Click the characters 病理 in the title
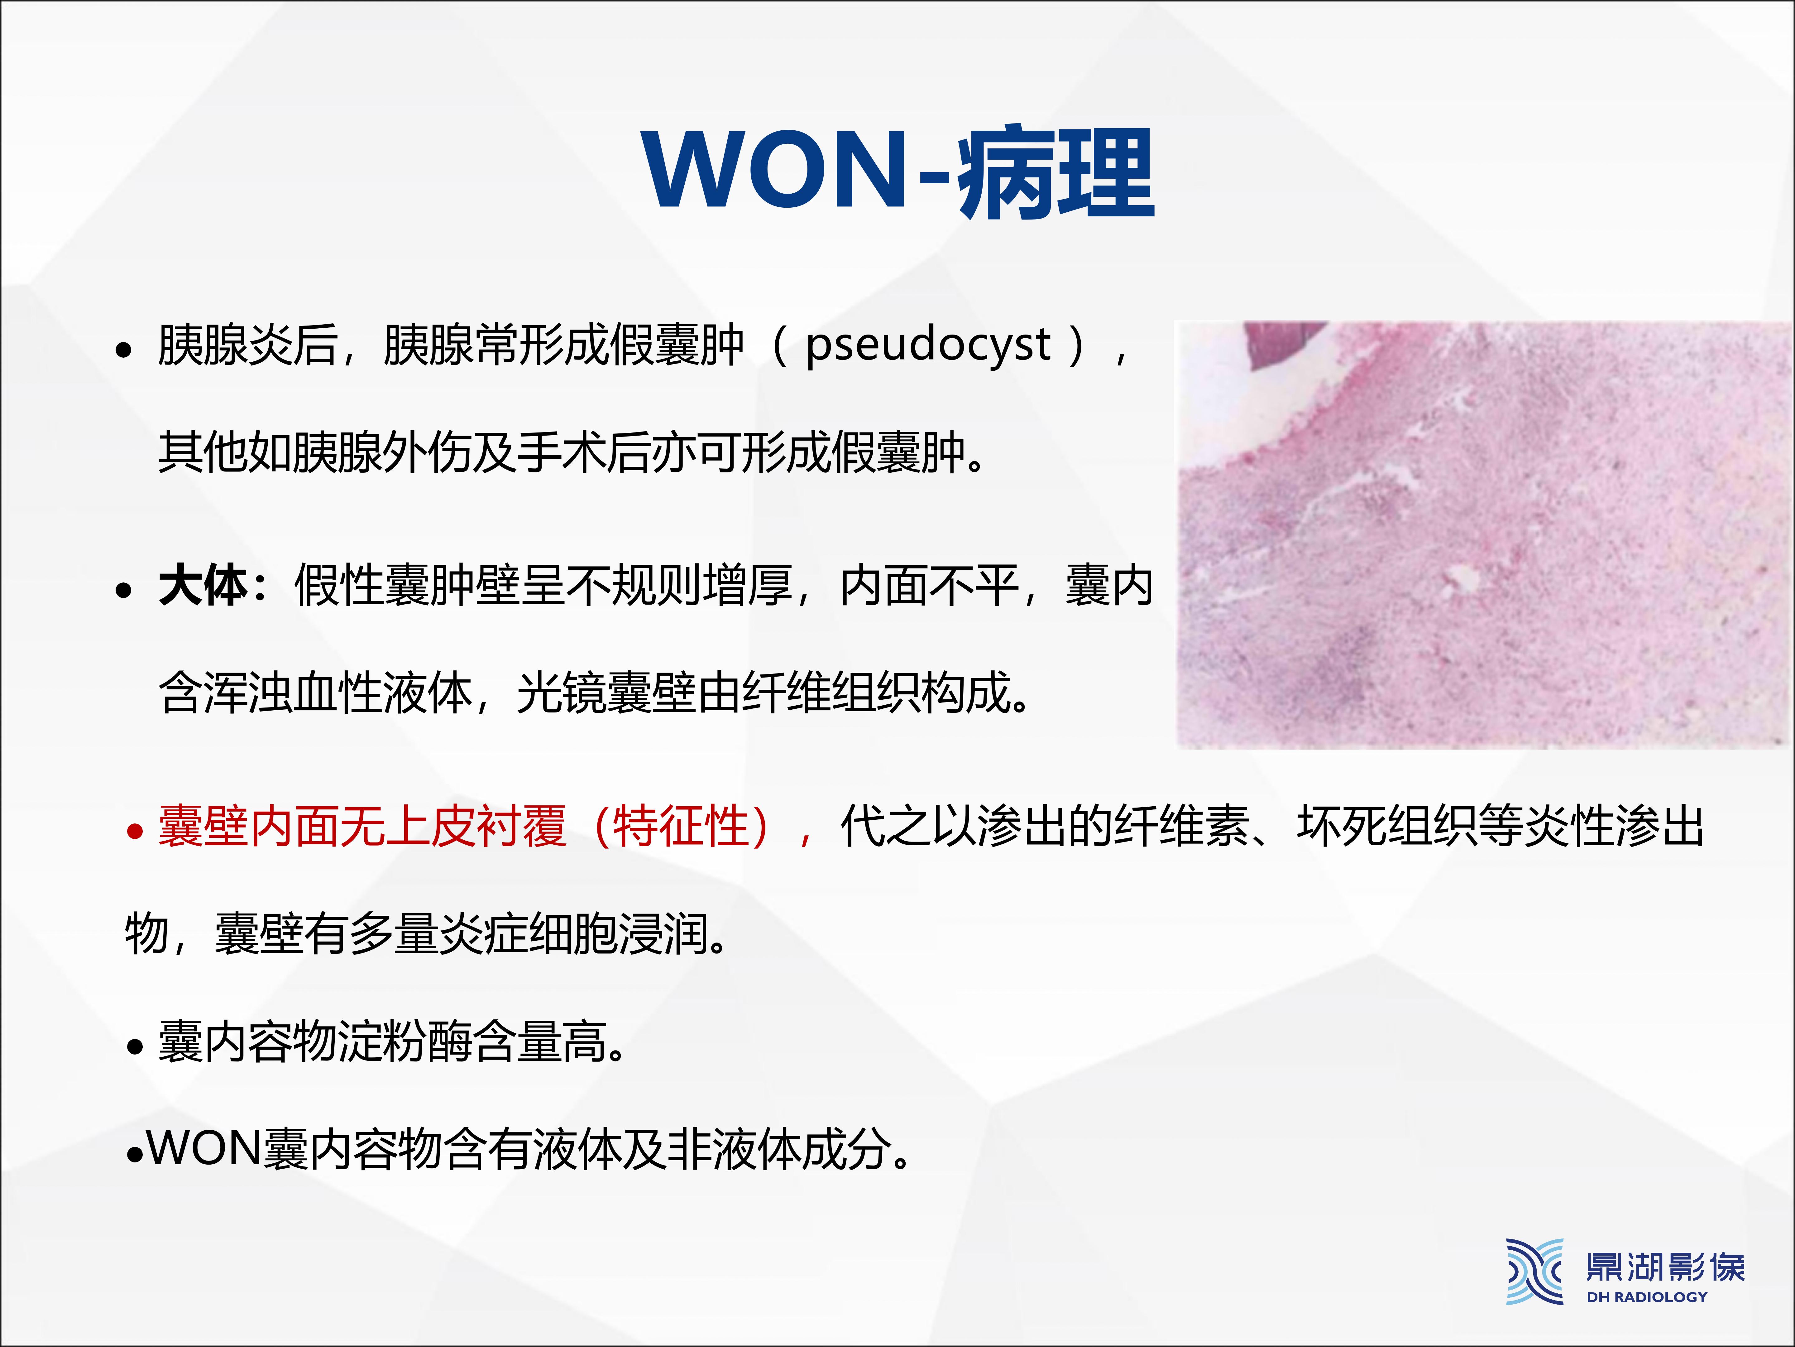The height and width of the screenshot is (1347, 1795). [1056, 172]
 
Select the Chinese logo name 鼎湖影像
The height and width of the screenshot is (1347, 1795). [1665, 1267]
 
